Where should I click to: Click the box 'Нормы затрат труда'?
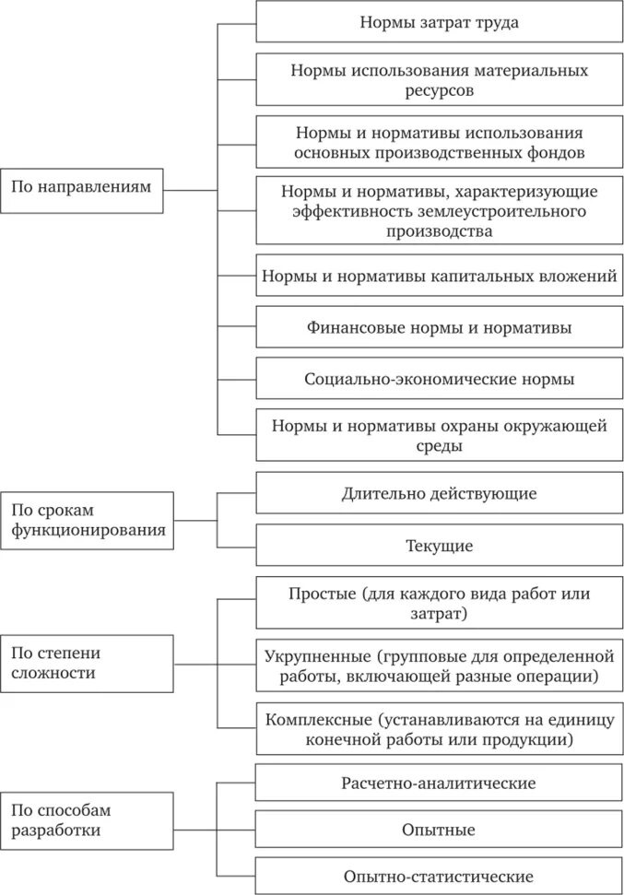(439, 23)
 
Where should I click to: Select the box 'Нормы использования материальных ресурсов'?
(439, 80)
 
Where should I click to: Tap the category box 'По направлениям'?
(86, 187)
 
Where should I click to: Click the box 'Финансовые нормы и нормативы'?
(439, 327)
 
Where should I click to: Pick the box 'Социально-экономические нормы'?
(439, 378)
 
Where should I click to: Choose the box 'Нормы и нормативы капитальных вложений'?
(439, 276)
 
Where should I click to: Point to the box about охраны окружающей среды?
(439, 435)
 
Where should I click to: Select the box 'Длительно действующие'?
(439, 493)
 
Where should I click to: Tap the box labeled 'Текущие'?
(439, 546)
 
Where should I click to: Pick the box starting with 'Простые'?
(439, 603)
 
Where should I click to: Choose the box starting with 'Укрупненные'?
(439, 666)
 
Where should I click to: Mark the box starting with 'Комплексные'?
(439, 729)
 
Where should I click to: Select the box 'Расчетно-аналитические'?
(439, 783)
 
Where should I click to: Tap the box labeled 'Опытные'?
(439, 830)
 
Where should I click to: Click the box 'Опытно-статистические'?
(439, 876)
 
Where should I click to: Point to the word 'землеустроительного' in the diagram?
(515, 212)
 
